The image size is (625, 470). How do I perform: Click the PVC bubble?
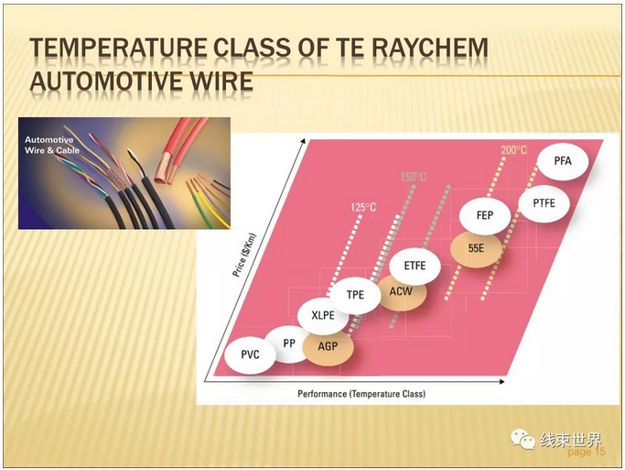click(x=250, y=355)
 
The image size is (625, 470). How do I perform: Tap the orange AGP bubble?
click(x=328, y=346)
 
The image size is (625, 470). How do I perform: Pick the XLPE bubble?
click(x=323, y=315)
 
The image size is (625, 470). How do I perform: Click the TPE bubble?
click(x=355, y=295)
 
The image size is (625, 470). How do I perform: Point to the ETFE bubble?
click(x=415, y=266)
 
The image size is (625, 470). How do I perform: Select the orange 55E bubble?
click(x=476, y=248)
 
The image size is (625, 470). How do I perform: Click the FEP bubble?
click(x=485, y=215)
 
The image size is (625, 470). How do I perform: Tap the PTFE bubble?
click(x=544, y=203)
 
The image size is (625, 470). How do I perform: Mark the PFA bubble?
click(x=563, y=161)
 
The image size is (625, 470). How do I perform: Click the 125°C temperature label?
click(x=363, y=207)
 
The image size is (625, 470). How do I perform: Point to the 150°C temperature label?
click(x=414, y=177)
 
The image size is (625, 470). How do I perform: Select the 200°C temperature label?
click(x=513, y=150)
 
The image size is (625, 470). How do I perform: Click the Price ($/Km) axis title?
click(x=244, y=255)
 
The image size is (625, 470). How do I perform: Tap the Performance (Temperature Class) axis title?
click(x=361, y=394)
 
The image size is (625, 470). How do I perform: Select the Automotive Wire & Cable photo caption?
click(x=52, y=146)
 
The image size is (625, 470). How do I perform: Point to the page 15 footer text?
click(x=587, y=452)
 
